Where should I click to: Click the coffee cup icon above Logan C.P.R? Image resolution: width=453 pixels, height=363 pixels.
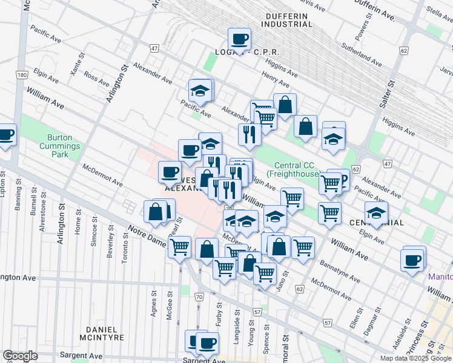239,39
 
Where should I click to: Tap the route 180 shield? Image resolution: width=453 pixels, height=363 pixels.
22,74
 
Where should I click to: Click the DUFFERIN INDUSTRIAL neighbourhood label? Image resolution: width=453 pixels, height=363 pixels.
286,19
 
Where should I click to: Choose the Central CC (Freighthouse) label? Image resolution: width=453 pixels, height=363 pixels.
297,170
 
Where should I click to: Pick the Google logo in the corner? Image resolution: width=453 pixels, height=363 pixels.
19,356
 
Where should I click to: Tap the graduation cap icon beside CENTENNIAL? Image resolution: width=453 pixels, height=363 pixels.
375,213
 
